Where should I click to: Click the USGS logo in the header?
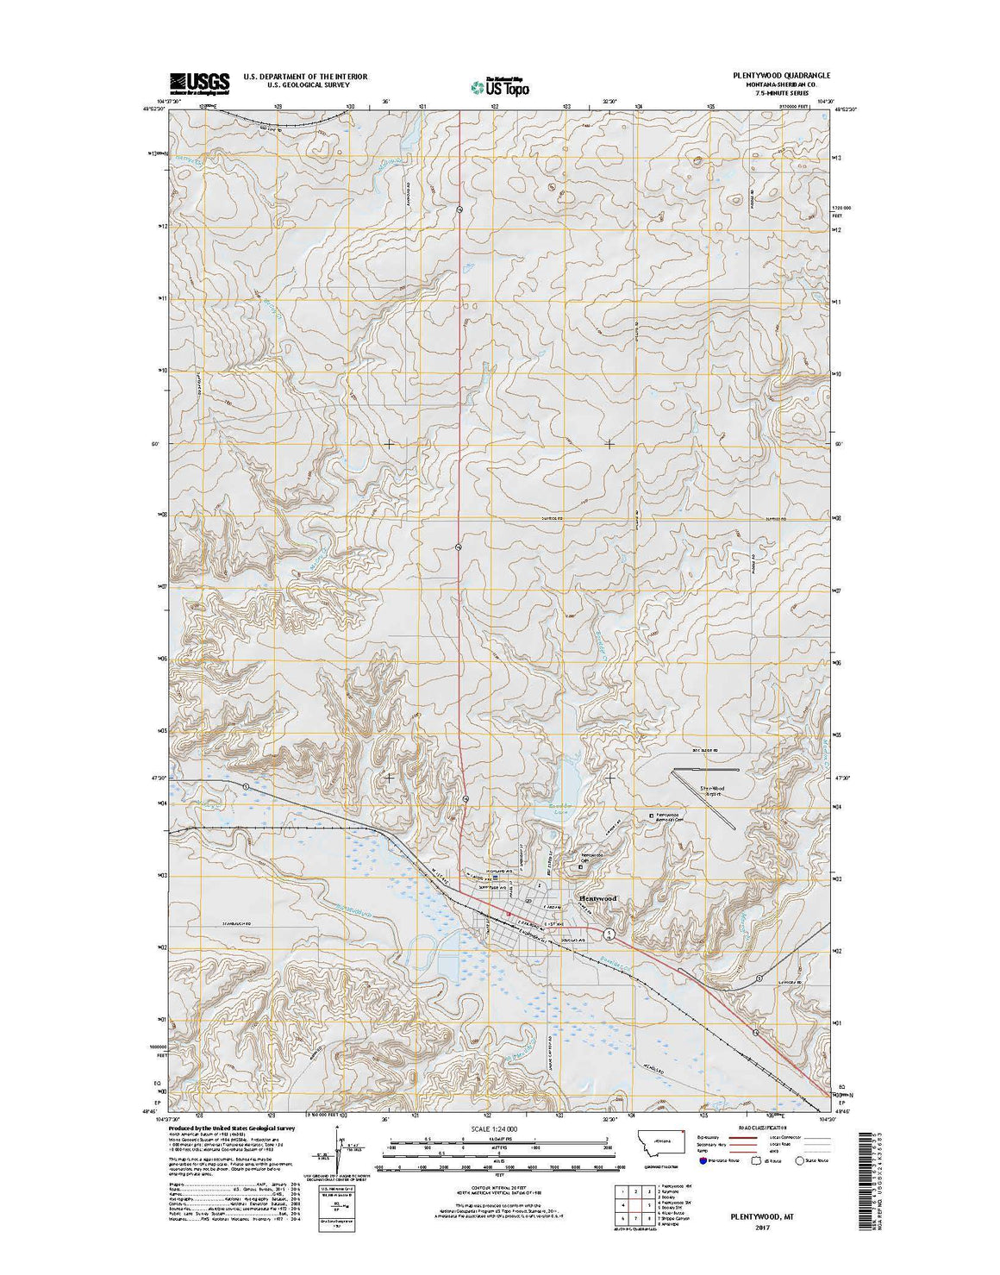coord(200,83)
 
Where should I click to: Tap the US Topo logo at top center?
coord(500,85)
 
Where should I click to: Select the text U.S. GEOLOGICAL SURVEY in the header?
coord(305,85)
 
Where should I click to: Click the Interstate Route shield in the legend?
coord(703,1160)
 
